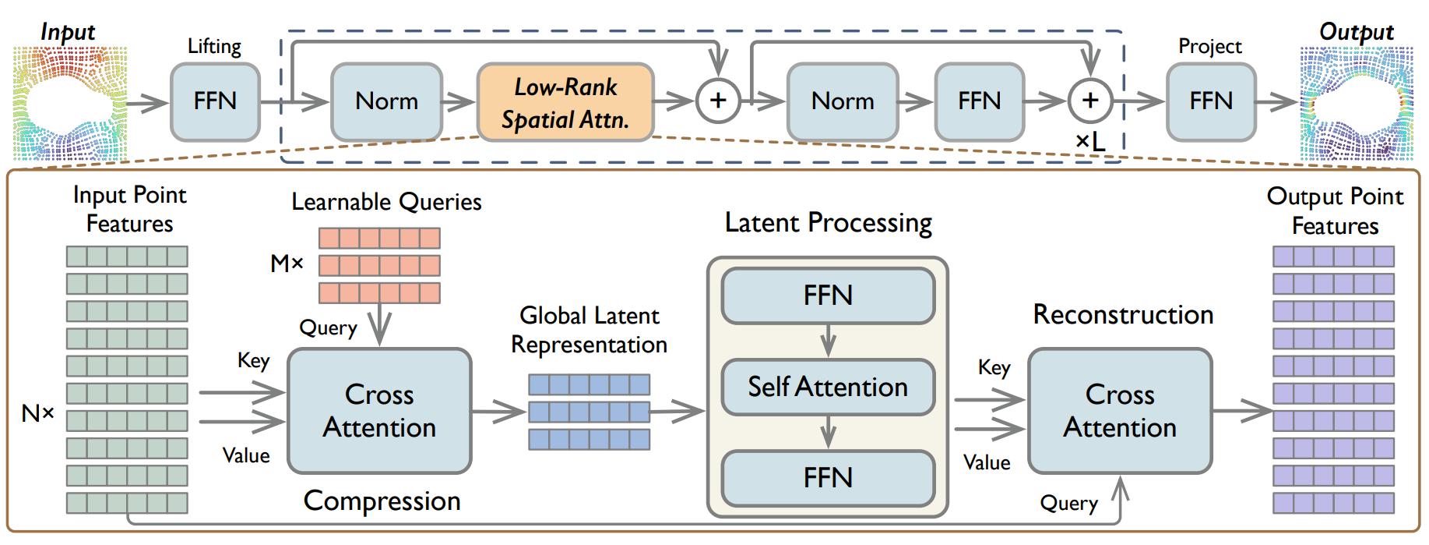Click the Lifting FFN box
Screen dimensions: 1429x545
tap(215, 101)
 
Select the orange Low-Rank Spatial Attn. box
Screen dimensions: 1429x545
tap(565, 102)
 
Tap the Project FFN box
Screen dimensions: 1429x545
tap(1211, 101)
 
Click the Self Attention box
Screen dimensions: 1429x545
tap(828, 387)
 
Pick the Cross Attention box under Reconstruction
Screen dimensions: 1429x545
tap(1120, 411)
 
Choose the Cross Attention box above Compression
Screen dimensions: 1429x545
tap(379, 411)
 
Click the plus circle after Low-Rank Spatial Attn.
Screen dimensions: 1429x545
tap(717, 101)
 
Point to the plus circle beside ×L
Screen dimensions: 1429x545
tap(1089, 101)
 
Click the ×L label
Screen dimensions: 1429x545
tap(1090, 141)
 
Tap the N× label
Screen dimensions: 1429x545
tap(38, 413)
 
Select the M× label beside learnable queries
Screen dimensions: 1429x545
tap(287, 264)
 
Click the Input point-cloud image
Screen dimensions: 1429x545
tap(69, 102)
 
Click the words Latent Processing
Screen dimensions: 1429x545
tap(828, 223)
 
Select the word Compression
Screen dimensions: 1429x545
tap(382, 501)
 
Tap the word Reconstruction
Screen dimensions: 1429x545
tap(1123, 314)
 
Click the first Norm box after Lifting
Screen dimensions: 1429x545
tap(386, 101)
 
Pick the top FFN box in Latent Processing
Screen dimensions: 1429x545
tap(828, 296)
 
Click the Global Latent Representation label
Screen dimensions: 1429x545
tap(590, 330)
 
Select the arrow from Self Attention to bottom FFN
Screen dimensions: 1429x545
tap(828, 433)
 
